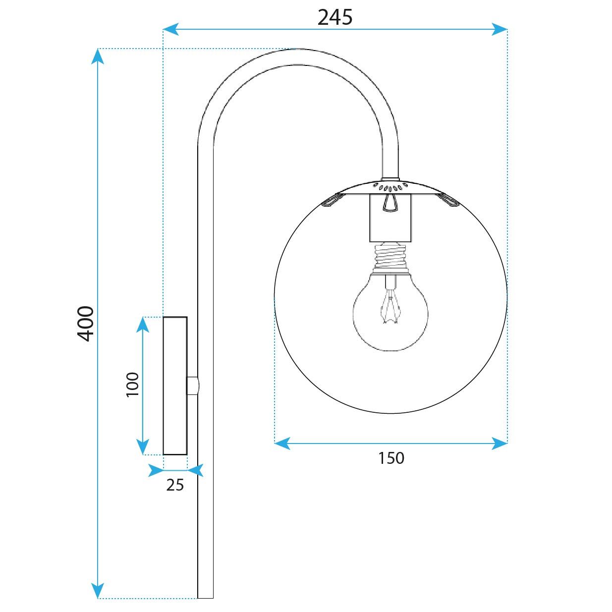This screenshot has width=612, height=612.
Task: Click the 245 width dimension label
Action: [335, 17]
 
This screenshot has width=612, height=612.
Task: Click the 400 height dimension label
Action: [86, 324]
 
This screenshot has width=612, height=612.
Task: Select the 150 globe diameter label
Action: [391, 458]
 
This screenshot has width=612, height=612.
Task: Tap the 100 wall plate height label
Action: [132, 384]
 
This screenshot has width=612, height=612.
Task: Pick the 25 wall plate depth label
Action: [175, 485]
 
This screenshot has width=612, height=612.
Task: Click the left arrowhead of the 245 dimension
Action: [170, 30]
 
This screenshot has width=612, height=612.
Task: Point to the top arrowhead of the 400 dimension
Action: [98, 56]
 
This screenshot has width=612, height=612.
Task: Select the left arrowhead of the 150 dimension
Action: [281, 443]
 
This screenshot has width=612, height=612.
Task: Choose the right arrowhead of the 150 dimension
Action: [500, 443]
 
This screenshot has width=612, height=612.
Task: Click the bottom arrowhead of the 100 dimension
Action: [143, 447]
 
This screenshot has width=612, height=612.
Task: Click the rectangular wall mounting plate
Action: [175, 386]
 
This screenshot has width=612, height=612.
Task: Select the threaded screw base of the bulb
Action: [391, 257]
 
